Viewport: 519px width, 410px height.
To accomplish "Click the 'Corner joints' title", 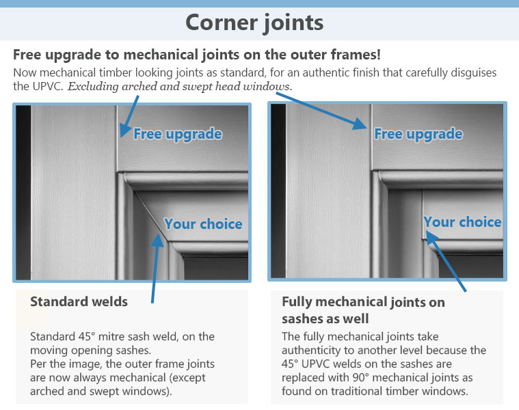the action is [254, 23].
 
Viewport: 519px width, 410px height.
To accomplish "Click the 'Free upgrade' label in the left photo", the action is [178, 134].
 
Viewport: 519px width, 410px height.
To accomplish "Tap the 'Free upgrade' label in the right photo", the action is [418, 134].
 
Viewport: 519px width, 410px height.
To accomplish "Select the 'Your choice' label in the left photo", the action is [203, 224].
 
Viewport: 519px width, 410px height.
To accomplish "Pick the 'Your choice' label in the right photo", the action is [463, 222].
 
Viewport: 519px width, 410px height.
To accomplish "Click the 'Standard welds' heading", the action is [79, 301].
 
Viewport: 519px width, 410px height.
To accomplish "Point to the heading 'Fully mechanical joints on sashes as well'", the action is [363, 310].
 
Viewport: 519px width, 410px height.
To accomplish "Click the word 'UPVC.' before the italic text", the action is [48, 87].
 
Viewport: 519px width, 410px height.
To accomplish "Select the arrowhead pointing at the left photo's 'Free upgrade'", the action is [125, 129].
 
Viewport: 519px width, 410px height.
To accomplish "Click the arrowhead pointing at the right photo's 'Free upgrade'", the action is [360, 124].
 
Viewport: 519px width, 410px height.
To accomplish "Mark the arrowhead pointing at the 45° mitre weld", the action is [158, 240].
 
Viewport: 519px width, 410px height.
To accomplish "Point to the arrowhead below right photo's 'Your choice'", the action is [431, 237].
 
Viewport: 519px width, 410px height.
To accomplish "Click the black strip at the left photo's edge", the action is [23, 193].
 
